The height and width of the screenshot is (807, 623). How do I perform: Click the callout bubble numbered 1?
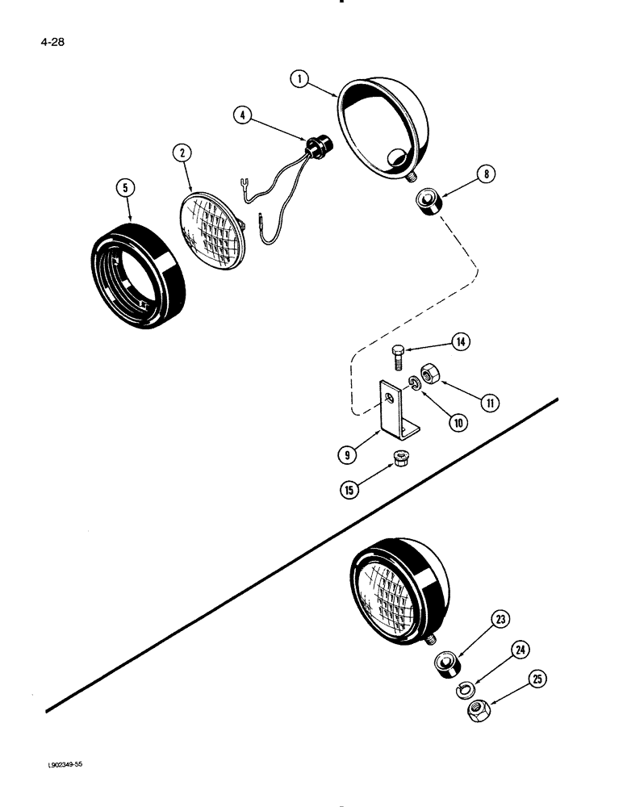[x=300, y=80]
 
